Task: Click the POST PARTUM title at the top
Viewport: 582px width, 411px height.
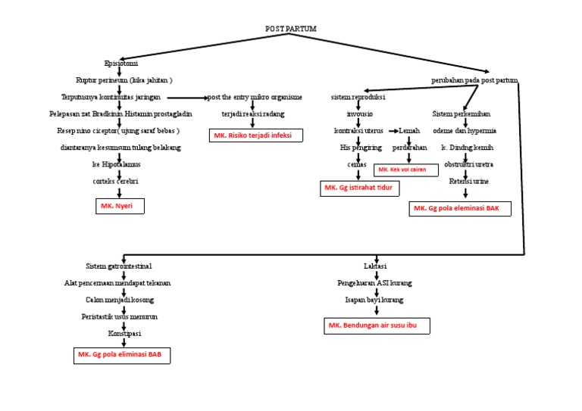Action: (x=291, y=29)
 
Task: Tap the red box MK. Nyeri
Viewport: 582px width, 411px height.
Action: (x=118, y=205)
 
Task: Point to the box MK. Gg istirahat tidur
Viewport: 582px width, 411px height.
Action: (x=359, y=187)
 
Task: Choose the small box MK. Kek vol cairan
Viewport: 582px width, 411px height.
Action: (x=406, y=170)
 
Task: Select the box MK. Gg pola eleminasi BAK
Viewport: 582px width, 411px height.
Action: (x=459, y=208)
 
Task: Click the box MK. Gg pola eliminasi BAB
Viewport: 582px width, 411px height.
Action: (x=121, y=354)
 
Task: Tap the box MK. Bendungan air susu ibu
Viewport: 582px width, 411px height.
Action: (x=376, y=325)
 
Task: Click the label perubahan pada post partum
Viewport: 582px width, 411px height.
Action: (x=474, y=79)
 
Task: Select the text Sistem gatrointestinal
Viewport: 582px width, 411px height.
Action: (x=119, y=266)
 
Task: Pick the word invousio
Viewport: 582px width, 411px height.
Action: (x=359, y=114)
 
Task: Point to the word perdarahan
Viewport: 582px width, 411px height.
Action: (x=409, y=147)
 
